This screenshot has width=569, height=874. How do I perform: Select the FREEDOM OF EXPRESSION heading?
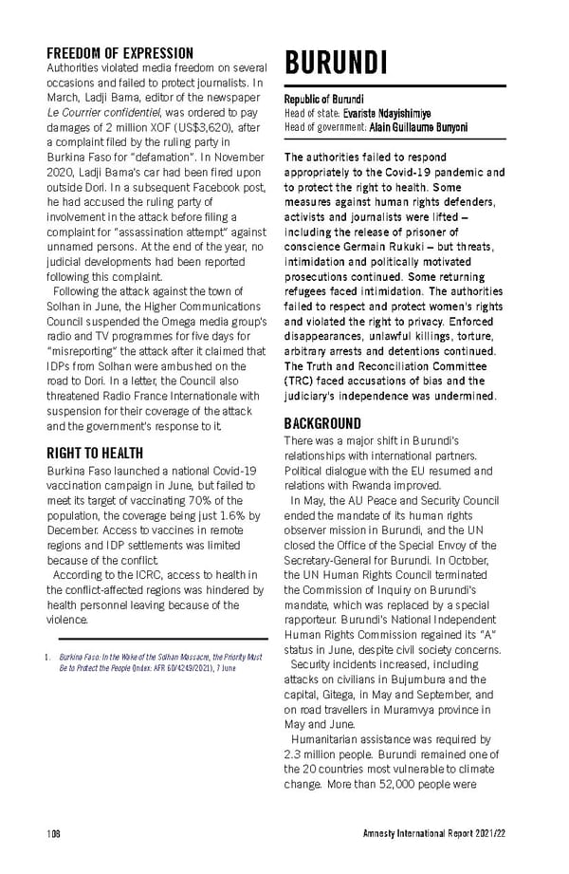pos(119,53)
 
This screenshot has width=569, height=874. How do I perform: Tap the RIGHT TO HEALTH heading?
pos(95,453)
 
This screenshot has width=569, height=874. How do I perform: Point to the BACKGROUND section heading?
pos(322,423)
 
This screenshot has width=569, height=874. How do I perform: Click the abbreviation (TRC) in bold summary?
pos(303,381)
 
